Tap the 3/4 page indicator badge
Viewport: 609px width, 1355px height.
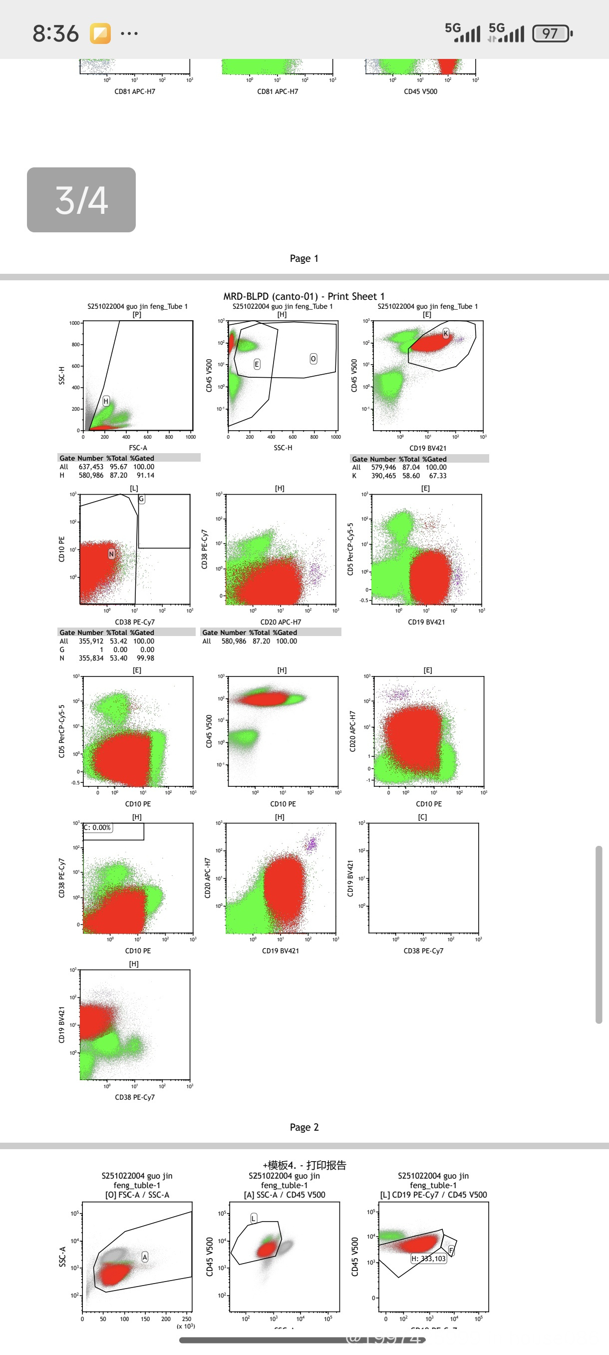pyautogui.click(x=81, y=200)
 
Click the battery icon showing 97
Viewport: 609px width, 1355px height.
pyautogui.click(x=551, y=33)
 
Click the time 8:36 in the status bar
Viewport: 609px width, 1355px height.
pyautogui.click(x=56, y=33)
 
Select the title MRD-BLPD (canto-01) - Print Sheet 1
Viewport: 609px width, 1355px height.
pyautogui.click(x=304, y=296)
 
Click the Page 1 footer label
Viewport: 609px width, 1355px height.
pyautogui.click(x=304, y=258)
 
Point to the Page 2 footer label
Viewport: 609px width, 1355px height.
pyautogui.click(x=304, y=1127)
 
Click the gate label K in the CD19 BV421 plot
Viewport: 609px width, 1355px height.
pyautogui.click(x=446, y=333)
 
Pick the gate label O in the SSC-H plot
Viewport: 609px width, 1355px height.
pyautogui.click(x=313, y=359)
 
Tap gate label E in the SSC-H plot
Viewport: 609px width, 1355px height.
pyautogui.click(x=257, y=364)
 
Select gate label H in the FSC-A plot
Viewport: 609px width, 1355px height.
pyautogui.click(x=106, y=401)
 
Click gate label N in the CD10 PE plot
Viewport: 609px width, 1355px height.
pyautogui.click(x=111, y=554)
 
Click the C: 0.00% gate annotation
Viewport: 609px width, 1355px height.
pyautogui.click(x=98, y=827)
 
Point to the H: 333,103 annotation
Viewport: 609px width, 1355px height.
pyautogui.click(x=428, y=1259)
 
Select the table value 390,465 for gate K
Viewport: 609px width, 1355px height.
pyautogui.click(x=383, y=476)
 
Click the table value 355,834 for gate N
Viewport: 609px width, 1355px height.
pyautogui.click(x=91, y=658)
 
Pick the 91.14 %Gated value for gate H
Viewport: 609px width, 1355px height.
pyautogui.click(x=146, y=475)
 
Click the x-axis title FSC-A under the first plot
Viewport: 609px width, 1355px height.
pyautogui.click(x=138, y=448)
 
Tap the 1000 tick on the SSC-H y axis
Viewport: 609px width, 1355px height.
pyautogui.click(x=74, y=323)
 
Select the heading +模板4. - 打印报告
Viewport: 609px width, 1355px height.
pyautogui.click(x=304, y=1165)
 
